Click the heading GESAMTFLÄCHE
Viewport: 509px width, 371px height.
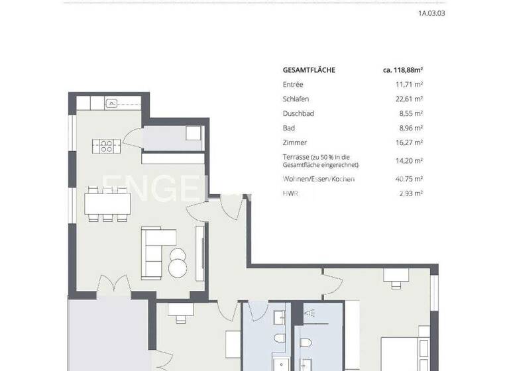(309, 70)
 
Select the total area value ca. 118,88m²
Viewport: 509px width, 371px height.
(403, 70)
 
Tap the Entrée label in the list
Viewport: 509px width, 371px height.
(292, 84)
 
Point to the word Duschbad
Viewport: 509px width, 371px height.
(298, 113)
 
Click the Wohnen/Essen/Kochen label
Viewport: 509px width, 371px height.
(318, 179)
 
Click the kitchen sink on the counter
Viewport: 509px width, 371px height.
(113, 103)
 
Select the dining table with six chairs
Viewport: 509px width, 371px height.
(106, 203)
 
